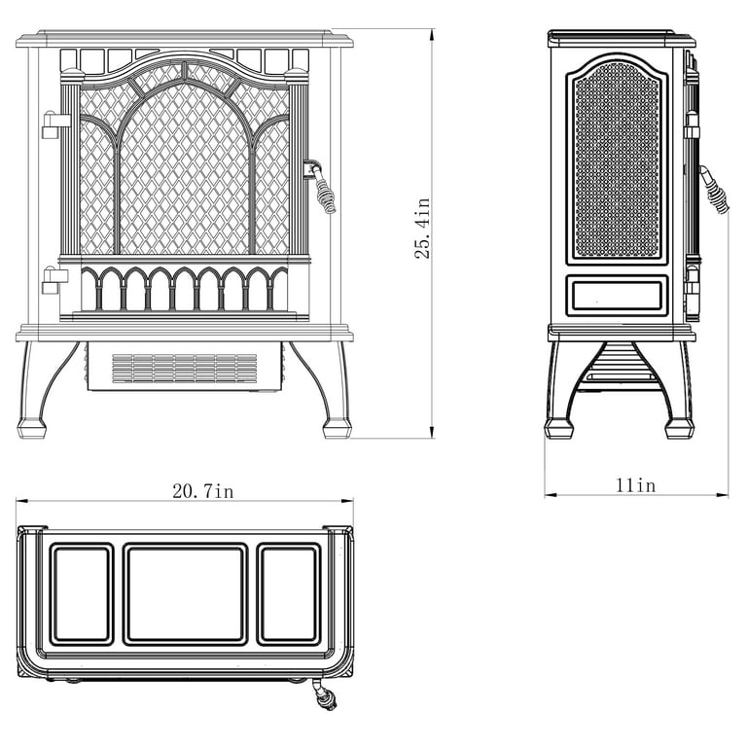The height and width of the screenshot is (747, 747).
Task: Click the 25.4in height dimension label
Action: pyautogui.click(x=422, y=229)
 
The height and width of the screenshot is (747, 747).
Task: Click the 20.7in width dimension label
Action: pyautogui.click(x=203, y=491)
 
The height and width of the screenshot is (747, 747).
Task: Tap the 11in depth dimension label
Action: pyautogui.click(x=636, y=485)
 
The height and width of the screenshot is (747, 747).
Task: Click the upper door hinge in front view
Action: pyautogui.click(x=55, y=124)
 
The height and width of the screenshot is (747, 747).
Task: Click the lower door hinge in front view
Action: pyautogui.click(x=54, y=281)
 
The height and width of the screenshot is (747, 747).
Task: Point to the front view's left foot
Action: pyautogui.click(x=32, y=428)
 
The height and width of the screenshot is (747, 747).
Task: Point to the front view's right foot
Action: pyautogui.click(x=337, y=428)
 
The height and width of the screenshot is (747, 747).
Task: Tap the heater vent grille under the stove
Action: pyautogui.click(x=185, y=369)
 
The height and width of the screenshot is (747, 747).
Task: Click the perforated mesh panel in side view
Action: pyautogui.click(x=617, y=160)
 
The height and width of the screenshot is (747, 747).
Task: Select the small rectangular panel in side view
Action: pyautogui.click(x=617, y=296)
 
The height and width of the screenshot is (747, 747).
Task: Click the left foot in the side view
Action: pyautogui.click(x=559, y=428)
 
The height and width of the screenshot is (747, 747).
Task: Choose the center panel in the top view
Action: pyautogui.click(x=186, y=594)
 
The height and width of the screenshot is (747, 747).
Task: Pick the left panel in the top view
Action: pyautogui.click(x=82, y=594)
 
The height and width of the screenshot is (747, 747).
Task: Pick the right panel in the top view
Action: pyautogui.click(x=289, y=594)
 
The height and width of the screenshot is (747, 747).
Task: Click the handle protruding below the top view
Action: pyautogui.click(x=326, y=696)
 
